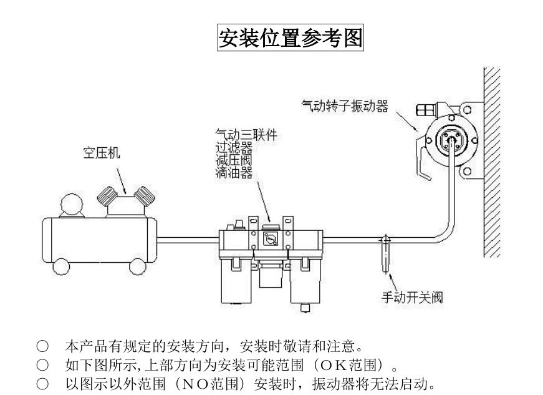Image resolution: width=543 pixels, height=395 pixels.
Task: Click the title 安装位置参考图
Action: [x=290, y=38]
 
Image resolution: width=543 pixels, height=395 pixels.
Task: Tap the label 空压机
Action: [x=102, y=152]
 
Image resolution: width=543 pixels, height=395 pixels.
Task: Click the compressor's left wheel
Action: [x=61, y=266]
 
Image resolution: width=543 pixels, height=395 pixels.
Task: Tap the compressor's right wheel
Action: [x=137, y=266]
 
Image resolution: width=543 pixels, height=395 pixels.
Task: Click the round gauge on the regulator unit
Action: [x=270, y=238]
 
